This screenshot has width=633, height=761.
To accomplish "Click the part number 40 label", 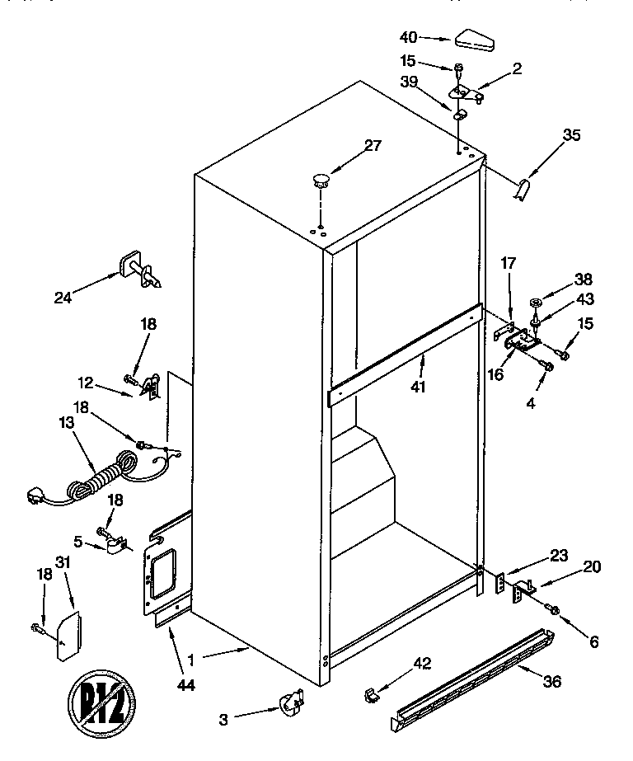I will (409, 36).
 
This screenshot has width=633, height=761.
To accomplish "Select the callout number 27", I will (373, 146).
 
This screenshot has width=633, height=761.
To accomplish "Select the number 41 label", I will (418, 386).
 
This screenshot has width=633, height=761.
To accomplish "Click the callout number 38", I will (560, 280).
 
